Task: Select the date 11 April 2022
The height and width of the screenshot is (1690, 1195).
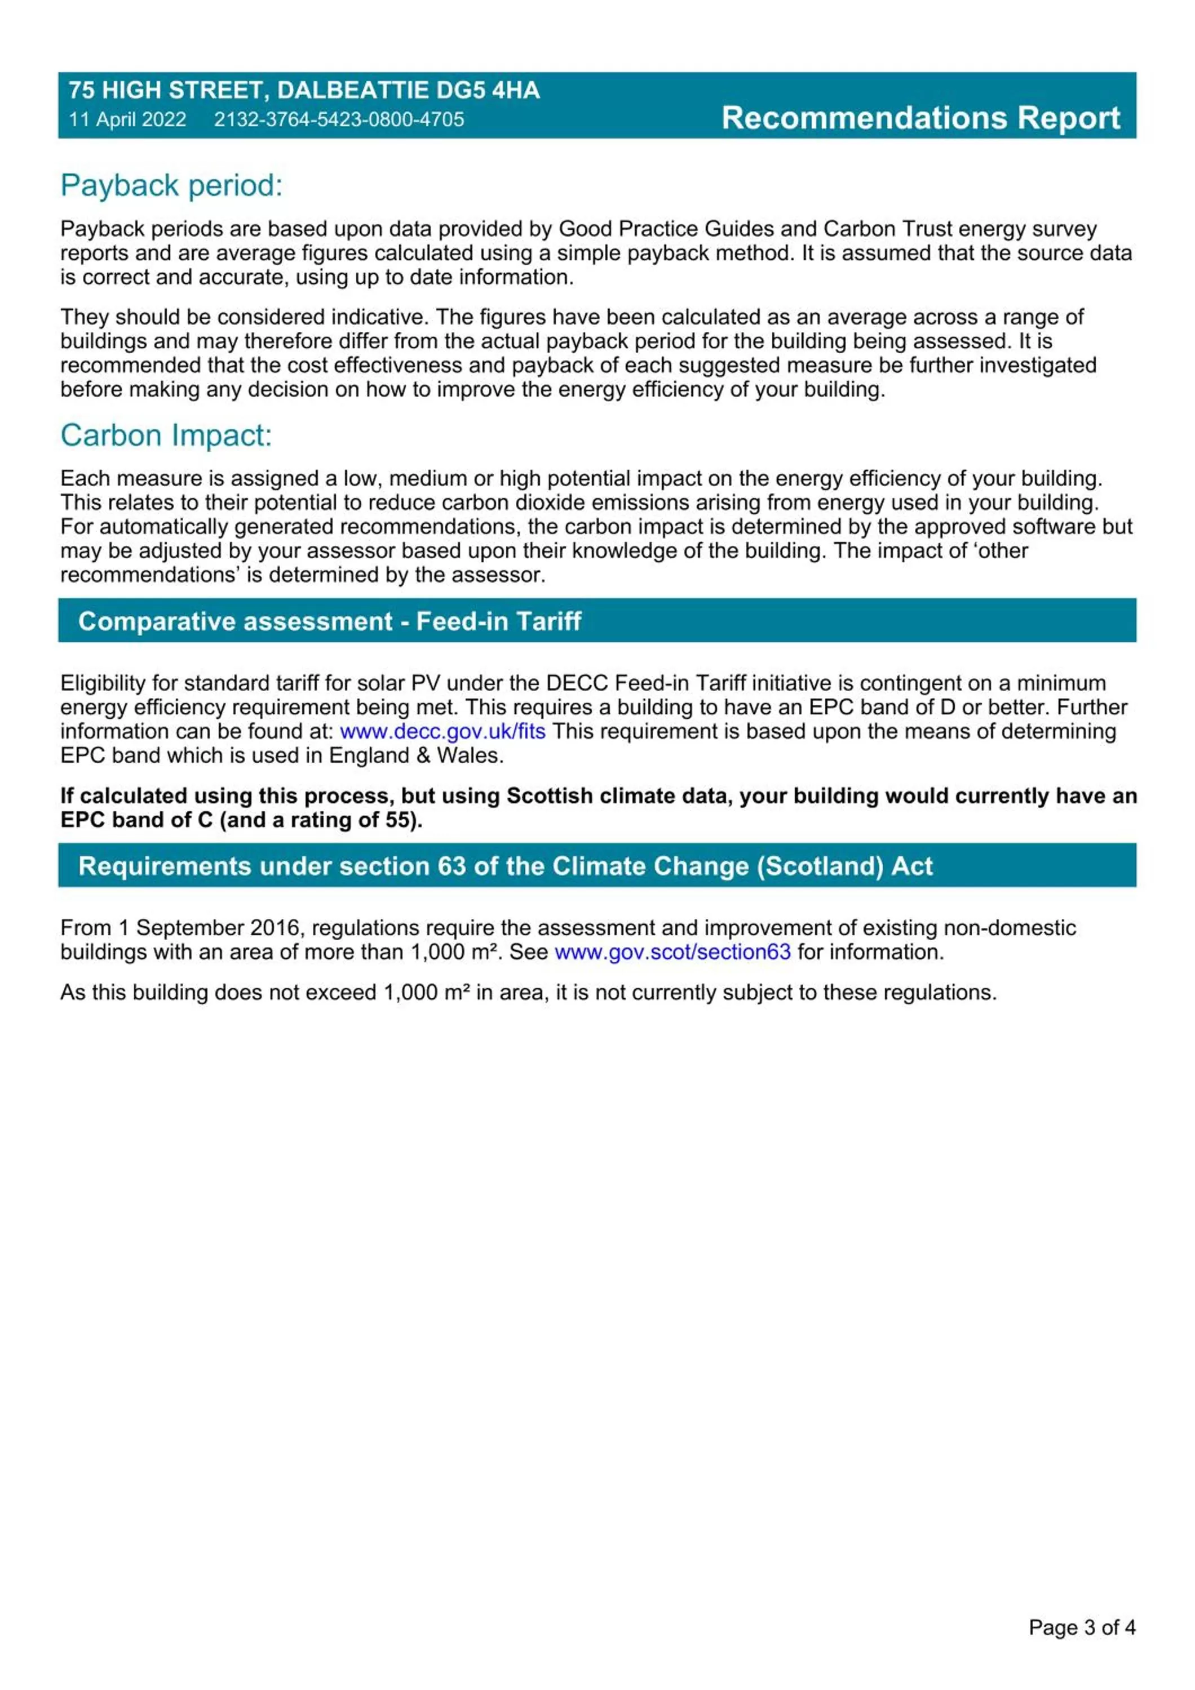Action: click(127, 119)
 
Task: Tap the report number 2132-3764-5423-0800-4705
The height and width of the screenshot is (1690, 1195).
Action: click(339, 119)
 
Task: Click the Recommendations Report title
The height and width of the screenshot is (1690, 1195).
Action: click(920, 118)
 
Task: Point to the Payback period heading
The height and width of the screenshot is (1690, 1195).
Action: click(171, 185)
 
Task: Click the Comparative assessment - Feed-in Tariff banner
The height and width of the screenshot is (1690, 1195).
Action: click(330, 621)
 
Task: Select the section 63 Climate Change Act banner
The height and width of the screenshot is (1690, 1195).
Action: click(505, 866)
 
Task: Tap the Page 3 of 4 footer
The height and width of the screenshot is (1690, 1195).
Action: click(1082, 1627)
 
